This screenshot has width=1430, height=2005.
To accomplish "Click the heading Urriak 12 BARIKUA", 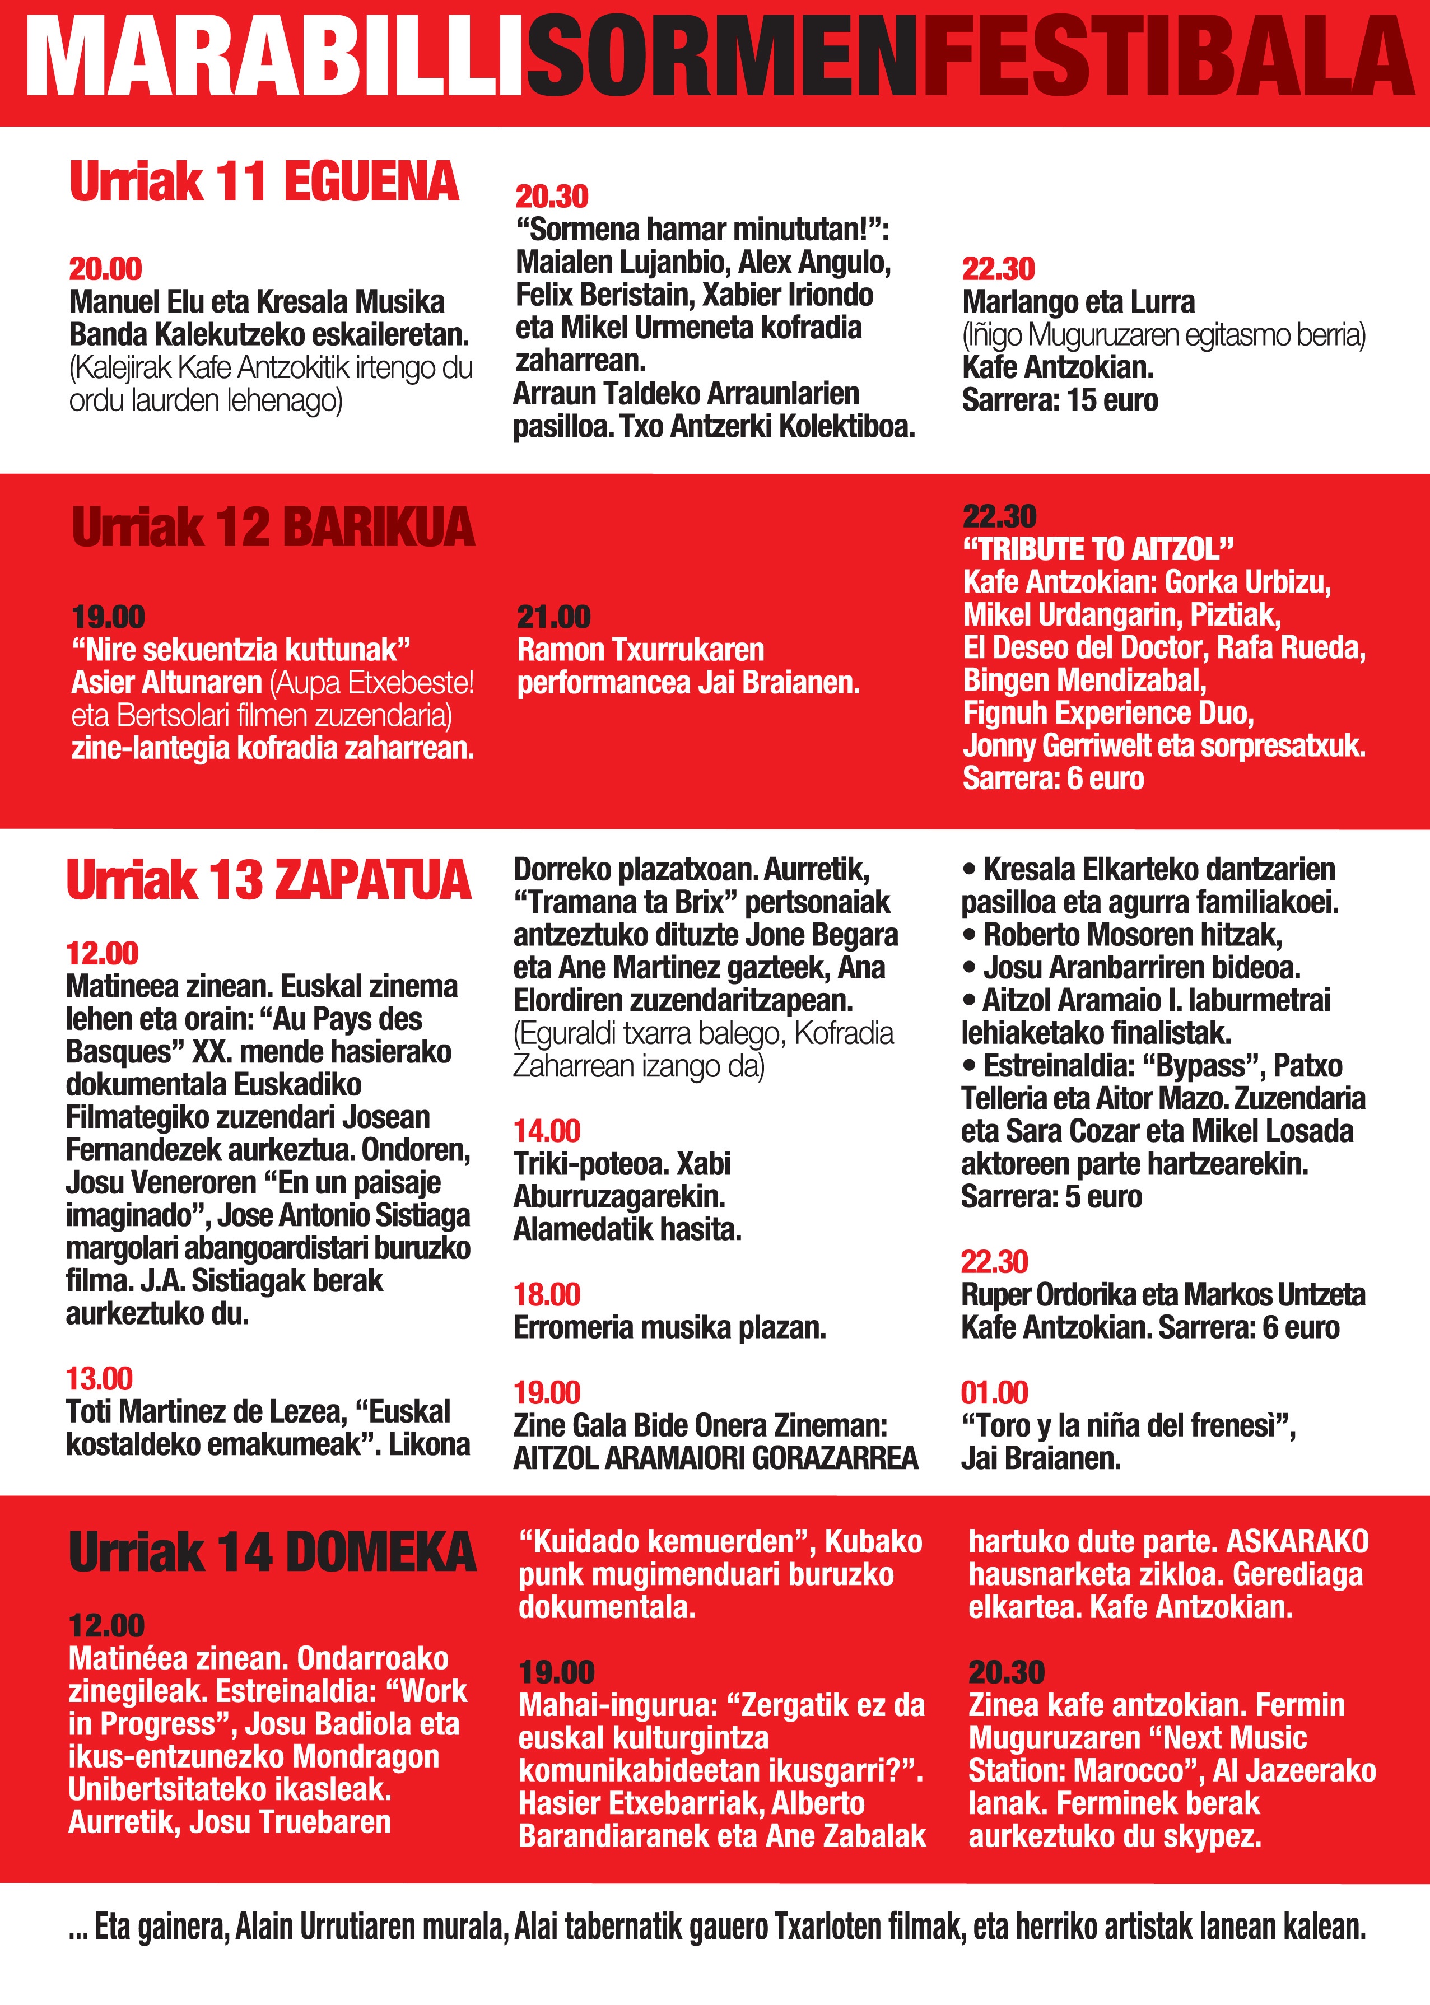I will click(273, 528).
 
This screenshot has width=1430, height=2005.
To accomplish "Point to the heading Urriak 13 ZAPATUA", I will click(268, 880).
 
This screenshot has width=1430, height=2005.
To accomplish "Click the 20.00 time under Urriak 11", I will click(106, 269).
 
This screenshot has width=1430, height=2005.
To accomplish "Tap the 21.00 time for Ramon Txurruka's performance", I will click(553, 617).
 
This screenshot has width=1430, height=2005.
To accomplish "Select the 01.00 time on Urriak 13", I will click(994, 1393).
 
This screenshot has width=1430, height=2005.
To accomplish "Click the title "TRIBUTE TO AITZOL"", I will click(1098, 549).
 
